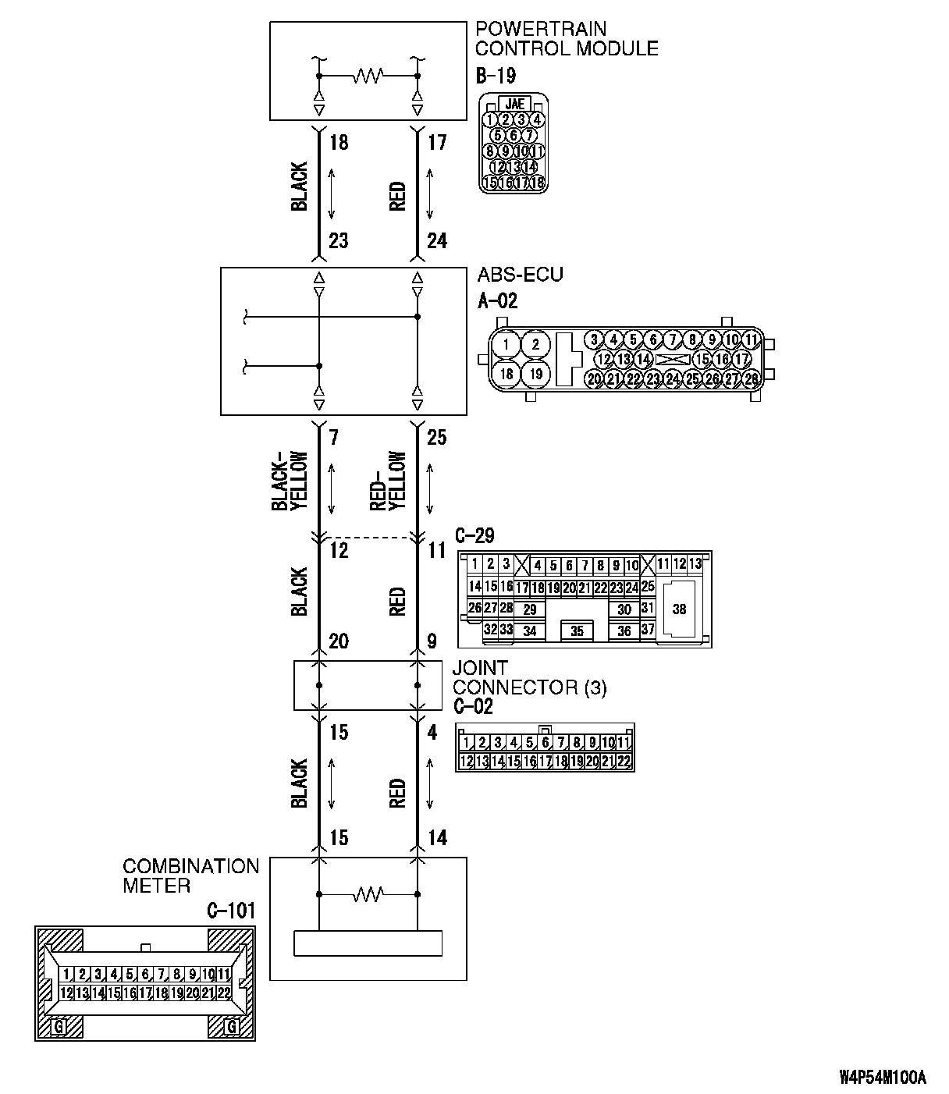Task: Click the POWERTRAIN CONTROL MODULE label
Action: click(567, 39)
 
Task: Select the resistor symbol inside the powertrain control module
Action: click(367, 76)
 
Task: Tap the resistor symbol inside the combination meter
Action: click(367, 893)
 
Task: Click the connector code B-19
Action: click(495, 76)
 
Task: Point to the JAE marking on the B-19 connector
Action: click(514, 104)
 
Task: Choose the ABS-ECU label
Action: click(519, 275)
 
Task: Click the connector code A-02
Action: click(497, 300)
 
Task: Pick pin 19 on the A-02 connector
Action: click(535, 374)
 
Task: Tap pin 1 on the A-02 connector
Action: click(506, 344)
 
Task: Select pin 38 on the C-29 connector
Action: click(679, 609)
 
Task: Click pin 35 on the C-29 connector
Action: click(577, 630)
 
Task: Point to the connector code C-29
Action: click(474, 536)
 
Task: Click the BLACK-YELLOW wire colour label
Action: click(290, 482)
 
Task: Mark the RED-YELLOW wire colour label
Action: click(388, 482)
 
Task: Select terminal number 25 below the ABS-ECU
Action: click(437, 438)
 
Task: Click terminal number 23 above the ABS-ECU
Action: click(338, 241)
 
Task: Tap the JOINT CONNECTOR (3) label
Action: click(528, 677)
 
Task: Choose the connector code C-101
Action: click(231, 911)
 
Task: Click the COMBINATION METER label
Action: click(190, 876)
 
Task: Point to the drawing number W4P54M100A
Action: click(883, 1078)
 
